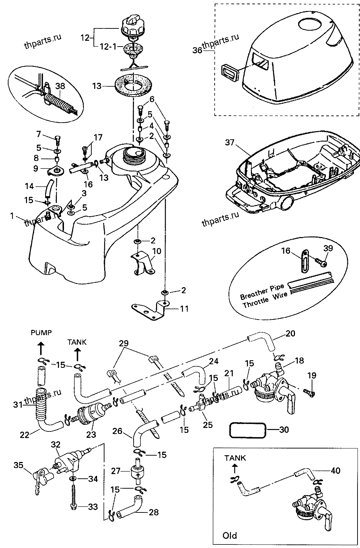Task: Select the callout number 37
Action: click(230, 143)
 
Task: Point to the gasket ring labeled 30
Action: click(248, 429)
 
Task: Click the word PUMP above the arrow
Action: click(41, 333)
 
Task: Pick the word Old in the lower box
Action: click(230, 535)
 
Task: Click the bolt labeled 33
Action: click(73, 498)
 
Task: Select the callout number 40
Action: click(335, 471)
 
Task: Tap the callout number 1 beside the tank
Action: click(12, 216)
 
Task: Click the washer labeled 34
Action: click(73, 479)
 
